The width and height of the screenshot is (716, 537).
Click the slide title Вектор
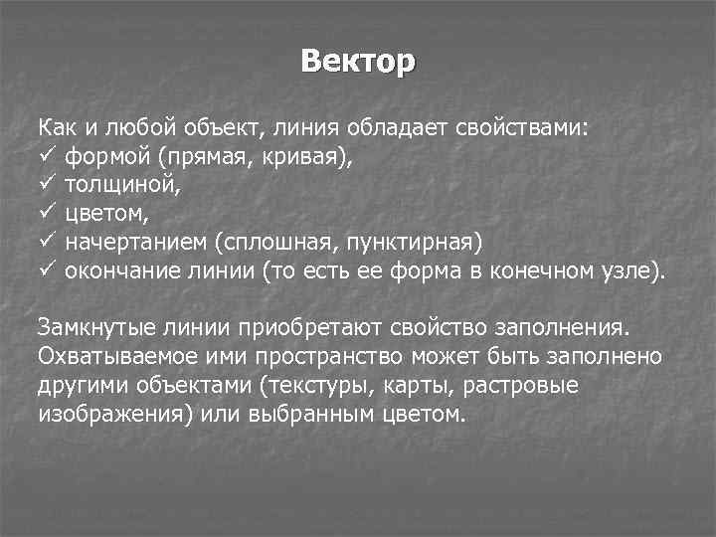click(358, 62)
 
